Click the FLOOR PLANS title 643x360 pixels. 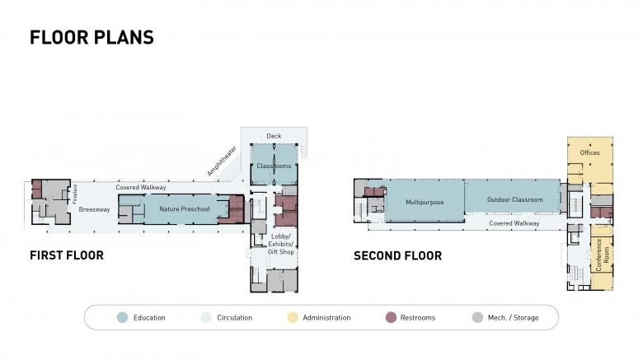(92, 37)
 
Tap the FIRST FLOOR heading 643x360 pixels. (67, 255)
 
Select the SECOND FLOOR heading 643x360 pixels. (398, 256)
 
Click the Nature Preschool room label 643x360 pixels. (185, 209)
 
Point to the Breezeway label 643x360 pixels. (94, 209)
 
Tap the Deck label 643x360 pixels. (274, 136)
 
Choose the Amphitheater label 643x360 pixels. (222, 161)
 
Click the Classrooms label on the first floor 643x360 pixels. (274, 166)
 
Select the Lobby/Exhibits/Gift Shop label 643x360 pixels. (281, 244)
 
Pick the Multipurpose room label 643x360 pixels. (425, 202)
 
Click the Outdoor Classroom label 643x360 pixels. (514, 199)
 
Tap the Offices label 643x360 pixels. (589, 152)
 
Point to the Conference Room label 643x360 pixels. (603, 255)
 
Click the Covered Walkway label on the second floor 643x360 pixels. (514, 223)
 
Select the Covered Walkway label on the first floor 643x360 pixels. (141, 187)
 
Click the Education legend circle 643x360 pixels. (122, 317)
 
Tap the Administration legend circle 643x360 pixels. (293, 317)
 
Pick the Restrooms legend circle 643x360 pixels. (391, 317)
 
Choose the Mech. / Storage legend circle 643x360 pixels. (477, 317)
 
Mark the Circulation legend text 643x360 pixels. (235, 318)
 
